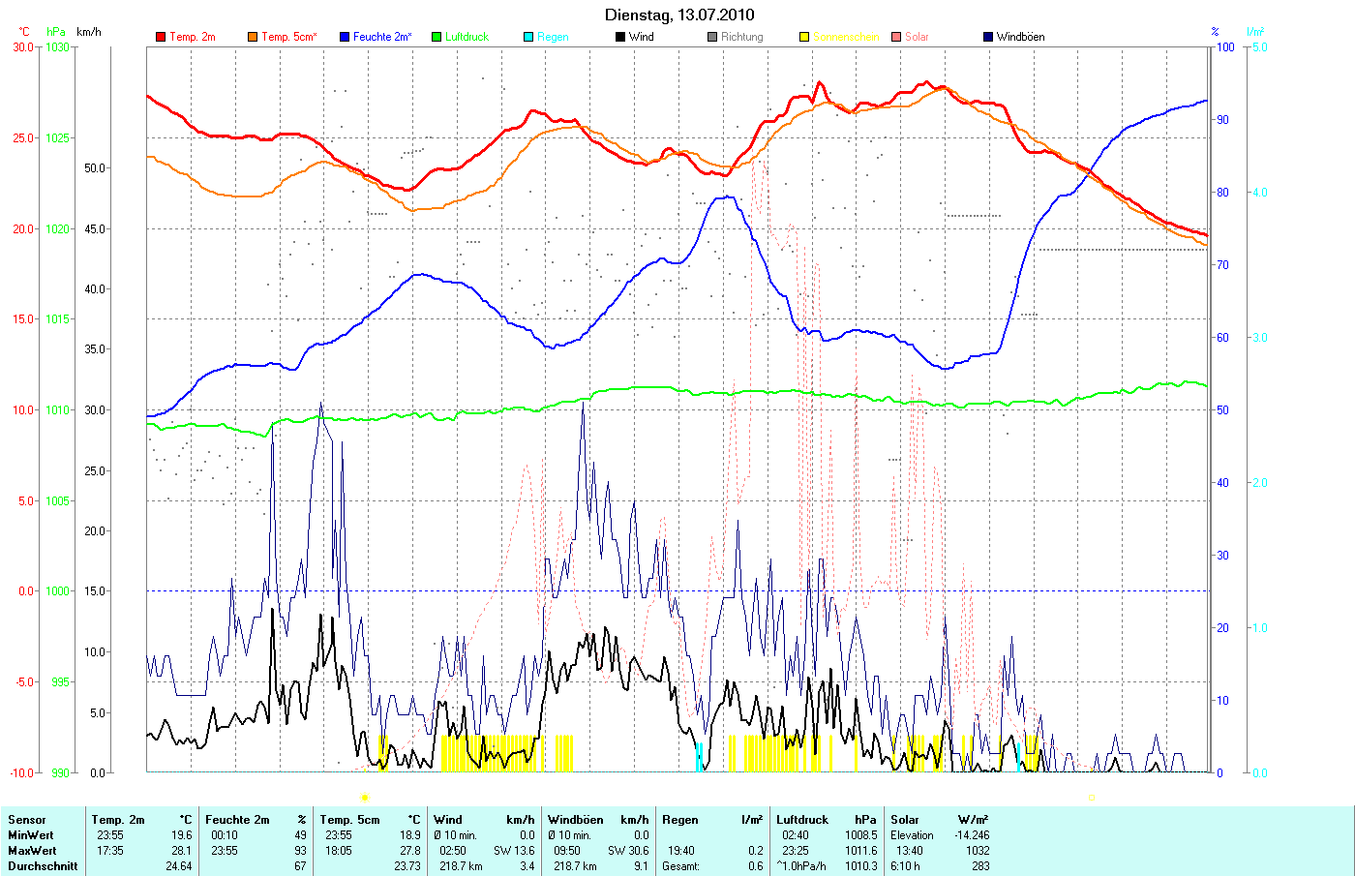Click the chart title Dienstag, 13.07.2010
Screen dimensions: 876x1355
(678, 15)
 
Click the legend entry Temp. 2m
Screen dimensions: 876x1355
(192, 37)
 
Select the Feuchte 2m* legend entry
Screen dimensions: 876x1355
(381, 37)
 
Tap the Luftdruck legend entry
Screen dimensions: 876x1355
(467, 37)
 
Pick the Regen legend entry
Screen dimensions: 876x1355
(553, 37)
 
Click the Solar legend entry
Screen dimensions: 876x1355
(917, 37)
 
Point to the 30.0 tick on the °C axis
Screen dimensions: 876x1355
(23, 46)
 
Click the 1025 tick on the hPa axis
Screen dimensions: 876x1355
(58, 138)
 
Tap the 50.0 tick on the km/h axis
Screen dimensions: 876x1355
(95, 168)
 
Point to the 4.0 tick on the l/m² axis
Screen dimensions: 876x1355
(1259, 193)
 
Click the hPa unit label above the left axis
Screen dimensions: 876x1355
(56, 32)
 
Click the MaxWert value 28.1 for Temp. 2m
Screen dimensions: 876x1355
(182, 851)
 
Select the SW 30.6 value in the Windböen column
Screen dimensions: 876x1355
(627, 851)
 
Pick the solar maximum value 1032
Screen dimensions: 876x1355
(978, 851)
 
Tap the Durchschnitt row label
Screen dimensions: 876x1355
(43, 866)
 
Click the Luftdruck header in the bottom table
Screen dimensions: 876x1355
(803, 820)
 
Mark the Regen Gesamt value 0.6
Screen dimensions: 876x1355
(754, 866)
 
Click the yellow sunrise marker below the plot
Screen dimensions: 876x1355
(364, 798)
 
